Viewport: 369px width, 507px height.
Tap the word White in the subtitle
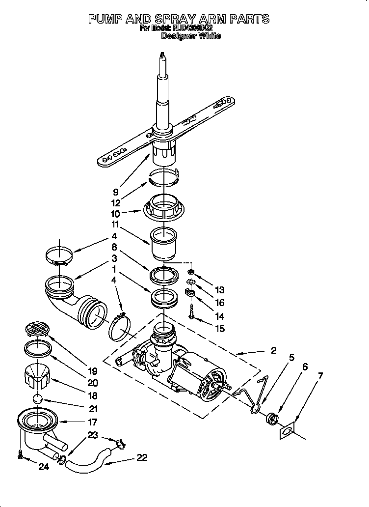210,36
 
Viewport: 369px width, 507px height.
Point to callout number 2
273,350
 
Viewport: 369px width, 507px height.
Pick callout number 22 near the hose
142,457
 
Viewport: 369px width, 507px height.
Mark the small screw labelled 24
20,455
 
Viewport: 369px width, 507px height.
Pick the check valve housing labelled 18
38,375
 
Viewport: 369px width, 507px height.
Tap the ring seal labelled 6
271,419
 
